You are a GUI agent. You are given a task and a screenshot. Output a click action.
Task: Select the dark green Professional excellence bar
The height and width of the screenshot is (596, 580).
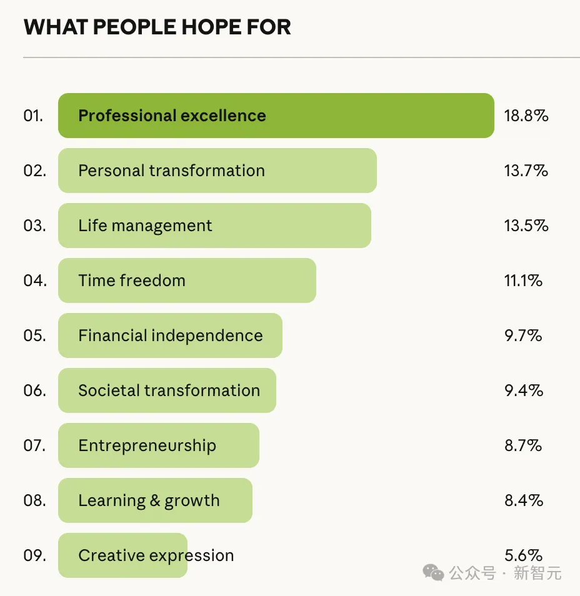click(x=276, y=116)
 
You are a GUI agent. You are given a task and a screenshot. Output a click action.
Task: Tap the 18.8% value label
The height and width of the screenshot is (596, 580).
click(x=526, y=116)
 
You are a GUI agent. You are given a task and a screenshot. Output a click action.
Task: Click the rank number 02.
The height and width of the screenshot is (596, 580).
click(x=35, y=171)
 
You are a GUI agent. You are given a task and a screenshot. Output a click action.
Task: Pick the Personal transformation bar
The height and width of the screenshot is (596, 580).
click(x=217, y=171)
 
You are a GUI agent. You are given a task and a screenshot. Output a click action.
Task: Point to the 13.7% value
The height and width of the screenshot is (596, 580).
click(x=526, y=171)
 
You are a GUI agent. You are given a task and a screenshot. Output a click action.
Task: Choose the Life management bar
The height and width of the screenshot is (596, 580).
click(x=214, y=226)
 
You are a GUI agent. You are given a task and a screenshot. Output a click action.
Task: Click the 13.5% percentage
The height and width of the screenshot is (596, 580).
click(x=526, y=226)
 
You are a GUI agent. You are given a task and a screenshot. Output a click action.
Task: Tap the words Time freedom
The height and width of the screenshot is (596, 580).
click(x=132, y=281)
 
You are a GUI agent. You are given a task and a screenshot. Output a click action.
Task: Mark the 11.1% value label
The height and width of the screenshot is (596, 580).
click(x=523, y=281)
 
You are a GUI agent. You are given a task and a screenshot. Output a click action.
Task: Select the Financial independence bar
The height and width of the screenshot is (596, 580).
click(x=170, y=335)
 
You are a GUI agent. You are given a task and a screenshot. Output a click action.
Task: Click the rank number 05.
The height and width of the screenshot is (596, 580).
click(x=35, y=335)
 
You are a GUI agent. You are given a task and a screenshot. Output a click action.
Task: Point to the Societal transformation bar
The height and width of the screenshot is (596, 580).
click(x=167, y=390)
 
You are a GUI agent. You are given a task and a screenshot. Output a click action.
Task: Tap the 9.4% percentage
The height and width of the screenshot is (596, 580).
click(x=524, y=390)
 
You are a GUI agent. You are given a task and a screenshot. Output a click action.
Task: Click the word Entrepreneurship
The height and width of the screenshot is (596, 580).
click(x=147, y=445)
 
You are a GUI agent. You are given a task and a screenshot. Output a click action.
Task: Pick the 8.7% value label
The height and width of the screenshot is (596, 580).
click(x=524, y=445)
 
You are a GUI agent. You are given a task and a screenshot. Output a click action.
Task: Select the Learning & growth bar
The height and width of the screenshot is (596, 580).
click(x=155, y=500)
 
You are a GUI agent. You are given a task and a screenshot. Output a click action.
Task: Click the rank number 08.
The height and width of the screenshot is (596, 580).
click(x=35, y=500)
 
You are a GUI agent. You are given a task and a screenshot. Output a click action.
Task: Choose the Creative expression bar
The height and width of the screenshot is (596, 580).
click(x=122, y=555)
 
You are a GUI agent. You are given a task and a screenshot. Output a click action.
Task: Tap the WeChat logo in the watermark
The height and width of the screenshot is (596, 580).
click(x=433, y=572)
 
